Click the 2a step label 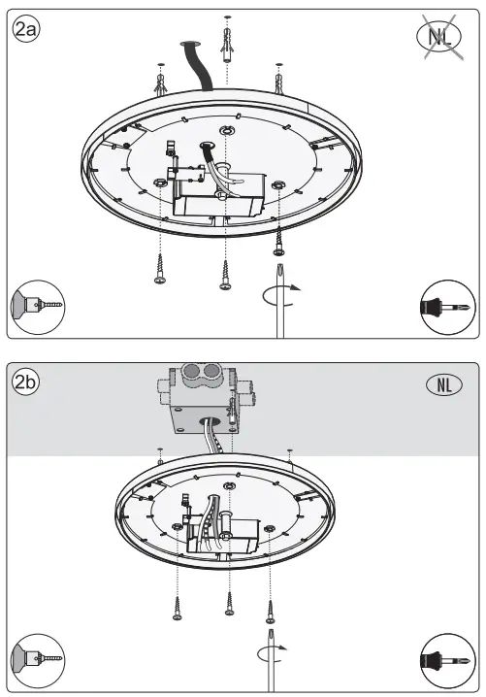[x=26, y=30]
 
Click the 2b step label [x=26, y=382]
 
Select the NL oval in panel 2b [x=444, y=383]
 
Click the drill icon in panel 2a [x=35, y=306]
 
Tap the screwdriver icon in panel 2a [x=449, y=307]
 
